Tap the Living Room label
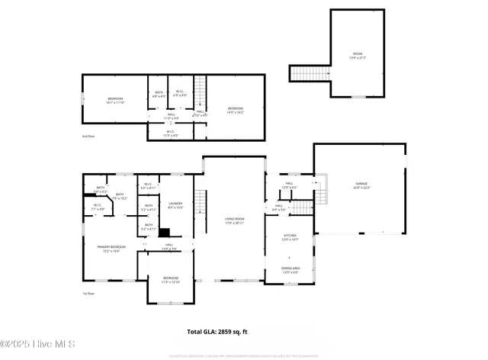pyautogui.click(x=234, y=220)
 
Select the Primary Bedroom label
pyautogui.click(x=111, y=249)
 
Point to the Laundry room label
pyautogui.click(x=175, y=205)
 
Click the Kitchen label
pyautogui.click(x=289, y=238)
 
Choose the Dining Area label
pyautogui.click(x=290, y=270)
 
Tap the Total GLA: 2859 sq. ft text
pyautogui.click(x=217, y=332)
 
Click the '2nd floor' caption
pyautogui.click(x=89, y=136)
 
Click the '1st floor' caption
pyautogui.click(x=89, y=293)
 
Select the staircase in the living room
pyautogui.click(x=201, y=203)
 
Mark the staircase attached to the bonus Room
pyautogui.click(x=310, y=73)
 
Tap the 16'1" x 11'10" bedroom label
pyautogui.click(x=114, y=100)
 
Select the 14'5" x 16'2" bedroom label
pyautogui.click(x=235, y=110)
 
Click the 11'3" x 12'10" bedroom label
pyautogui.click(x=170, y=279)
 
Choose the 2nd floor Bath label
pyautogui.click(x=159, y=95)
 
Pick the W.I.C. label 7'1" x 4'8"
pyautogui.click(x=98, y=206)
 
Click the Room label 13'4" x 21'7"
pyautogui.click(x=358, y=55)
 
